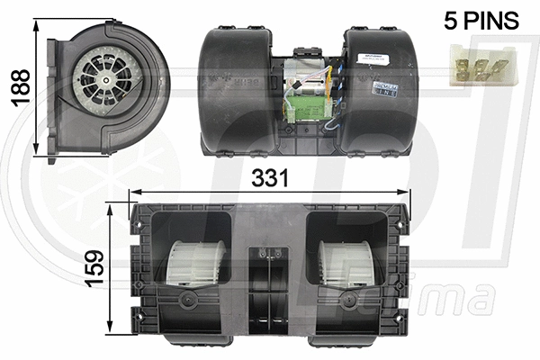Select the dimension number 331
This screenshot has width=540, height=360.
[270, 178]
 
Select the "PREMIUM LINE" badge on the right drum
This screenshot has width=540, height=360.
[384, 90]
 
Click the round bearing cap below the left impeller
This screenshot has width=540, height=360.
[188, 299]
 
